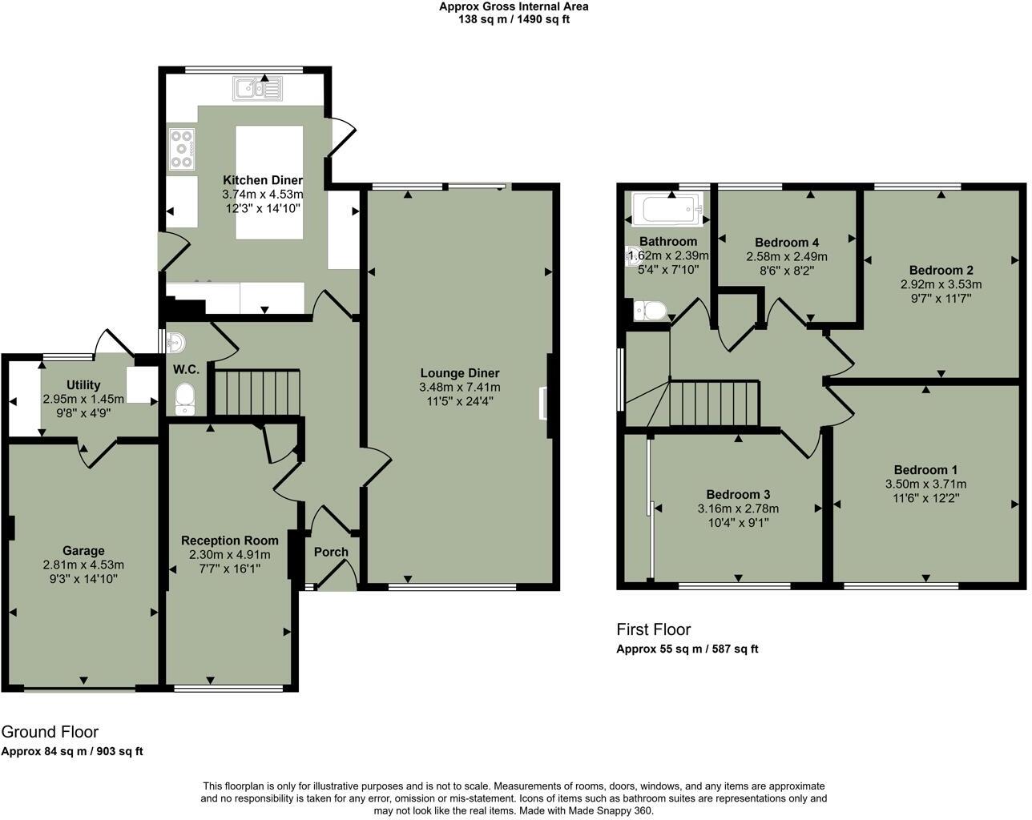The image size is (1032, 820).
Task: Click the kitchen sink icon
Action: click(x=258, y=89)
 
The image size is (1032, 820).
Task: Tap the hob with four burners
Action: click(x=183, y=149)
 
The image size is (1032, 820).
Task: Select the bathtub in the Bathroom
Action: click(x=667, y=209)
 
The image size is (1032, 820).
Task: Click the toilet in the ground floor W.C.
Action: click(x=184, y=399)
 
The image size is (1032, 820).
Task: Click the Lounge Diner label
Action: click(x=459, y=373)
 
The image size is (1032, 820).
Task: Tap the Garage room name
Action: click(x=83, y=551)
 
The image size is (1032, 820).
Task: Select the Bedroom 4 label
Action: click(x=786, y=243)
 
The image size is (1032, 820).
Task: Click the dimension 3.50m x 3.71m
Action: click(x=925, y=484)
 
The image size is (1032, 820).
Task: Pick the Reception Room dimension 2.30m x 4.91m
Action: click(x=230, y=554)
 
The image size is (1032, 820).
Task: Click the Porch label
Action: click(x=331, y=552)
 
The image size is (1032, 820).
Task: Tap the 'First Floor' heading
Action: click(x=653, y=629)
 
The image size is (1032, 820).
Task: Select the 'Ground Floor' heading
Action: click(x=50, y=732)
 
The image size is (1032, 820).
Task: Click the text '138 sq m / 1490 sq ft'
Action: click(x=513, y=19)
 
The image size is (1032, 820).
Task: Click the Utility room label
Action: click(x=83, y=385)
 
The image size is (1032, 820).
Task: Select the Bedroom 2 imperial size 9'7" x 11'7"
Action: click(x=941, y=298)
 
